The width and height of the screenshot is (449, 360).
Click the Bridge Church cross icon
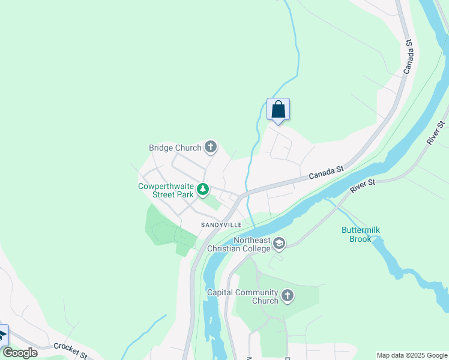click(210, 146)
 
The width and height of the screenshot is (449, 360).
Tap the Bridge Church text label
click(176, 148)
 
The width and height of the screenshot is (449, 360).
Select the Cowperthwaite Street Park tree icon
click(203, 190)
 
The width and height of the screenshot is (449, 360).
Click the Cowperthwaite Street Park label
click(166, 190)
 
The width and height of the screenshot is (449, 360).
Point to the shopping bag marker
click(278, 110)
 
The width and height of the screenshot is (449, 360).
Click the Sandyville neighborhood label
click(221, 224)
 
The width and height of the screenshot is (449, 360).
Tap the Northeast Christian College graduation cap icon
click(279, 244)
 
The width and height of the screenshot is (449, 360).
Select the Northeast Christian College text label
click(240, 244)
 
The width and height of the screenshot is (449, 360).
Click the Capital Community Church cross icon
click(288, 296)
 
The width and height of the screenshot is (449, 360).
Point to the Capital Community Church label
click(243, 296)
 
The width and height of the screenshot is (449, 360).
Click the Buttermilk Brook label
click(361, 234)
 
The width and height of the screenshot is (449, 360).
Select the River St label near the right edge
click(436, 133)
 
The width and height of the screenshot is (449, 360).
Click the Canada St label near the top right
click(409, 57)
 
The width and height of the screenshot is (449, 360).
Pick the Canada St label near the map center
click(326, 173)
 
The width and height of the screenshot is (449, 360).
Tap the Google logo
click(20, 353)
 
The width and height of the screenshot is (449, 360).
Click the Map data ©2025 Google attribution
click(412, 355)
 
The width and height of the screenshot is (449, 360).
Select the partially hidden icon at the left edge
click(3, 335)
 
